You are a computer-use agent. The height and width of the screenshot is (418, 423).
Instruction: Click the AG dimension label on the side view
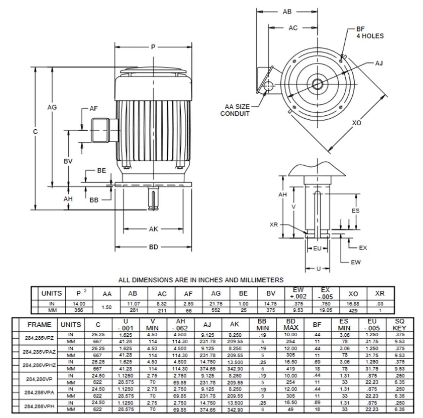pos(52,107)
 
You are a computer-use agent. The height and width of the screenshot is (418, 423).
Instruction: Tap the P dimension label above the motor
pos(153,47)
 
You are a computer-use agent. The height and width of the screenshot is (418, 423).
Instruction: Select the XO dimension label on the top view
pos(357,123)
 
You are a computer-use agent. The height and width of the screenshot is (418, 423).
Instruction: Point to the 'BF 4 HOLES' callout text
pos(370,33)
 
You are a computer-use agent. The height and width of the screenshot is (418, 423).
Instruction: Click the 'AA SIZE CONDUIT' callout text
pos(235,110)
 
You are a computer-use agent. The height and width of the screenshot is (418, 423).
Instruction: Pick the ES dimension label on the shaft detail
pos(356,211)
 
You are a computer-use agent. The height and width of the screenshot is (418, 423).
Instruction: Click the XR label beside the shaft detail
pos(274,225)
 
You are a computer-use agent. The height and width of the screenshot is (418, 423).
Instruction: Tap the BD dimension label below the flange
pos(153,247)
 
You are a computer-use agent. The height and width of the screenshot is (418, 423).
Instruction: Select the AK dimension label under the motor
pos(153,229)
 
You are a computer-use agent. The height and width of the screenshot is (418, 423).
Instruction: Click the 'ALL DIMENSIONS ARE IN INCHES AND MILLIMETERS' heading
pos(201,280)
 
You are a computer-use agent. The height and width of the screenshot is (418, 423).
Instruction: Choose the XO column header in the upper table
pos(353,294)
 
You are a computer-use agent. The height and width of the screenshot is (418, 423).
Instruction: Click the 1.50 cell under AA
pos(107,307)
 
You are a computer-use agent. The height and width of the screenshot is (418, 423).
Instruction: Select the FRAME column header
pos(39,325)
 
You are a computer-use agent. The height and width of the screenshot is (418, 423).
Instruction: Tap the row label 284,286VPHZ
pos(39,365)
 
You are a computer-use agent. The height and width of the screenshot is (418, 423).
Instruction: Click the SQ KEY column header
pos(399,325)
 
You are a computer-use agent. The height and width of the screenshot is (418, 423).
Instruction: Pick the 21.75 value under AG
pos(216,304)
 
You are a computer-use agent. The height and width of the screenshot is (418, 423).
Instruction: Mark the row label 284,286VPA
pos(39,393)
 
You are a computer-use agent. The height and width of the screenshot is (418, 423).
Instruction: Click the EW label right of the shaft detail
pos(356,262)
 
